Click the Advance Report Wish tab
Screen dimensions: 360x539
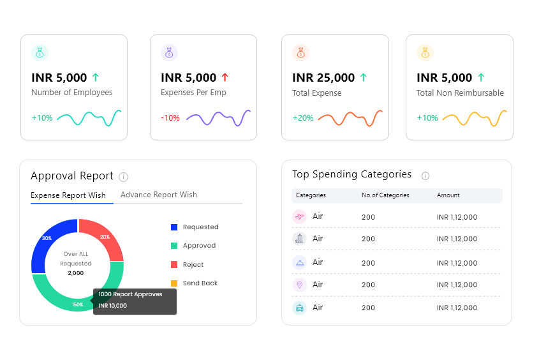158,195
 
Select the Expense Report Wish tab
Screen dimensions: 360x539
68,195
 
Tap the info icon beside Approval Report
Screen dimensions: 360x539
124,177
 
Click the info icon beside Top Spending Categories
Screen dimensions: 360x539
425,176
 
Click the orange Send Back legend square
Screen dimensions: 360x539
174,283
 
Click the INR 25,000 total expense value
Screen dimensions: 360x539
323,78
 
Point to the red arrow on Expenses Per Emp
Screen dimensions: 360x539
225,77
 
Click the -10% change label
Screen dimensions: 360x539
170,118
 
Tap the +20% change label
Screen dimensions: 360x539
303,118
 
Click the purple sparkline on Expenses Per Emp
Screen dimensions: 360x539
218,118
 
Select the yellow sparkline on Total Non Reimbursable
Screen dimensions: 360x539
475,118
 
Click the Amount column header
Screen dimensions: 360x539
448,195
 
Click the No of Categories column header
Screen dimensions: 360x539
385,195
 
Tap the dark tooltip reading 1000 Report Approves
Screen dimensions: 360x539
135,300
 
